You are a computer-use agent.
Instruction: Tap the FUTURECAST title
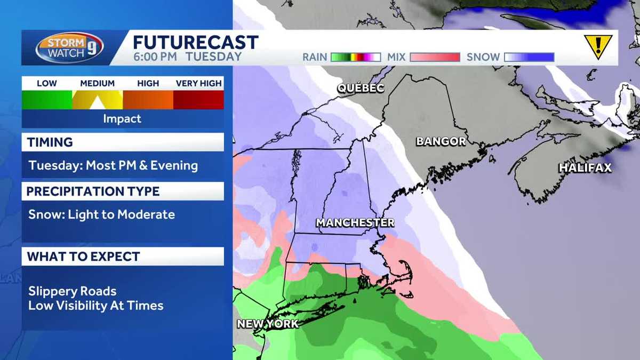point(195,43)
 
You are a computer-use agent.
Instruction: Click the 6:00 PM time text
point(155,57)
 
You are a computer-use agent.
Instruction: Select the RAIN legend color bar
point(355,57)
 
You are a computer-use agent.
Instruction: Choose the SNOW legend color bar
point(529,57)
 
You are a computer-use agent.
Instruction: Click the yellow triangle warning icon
point(597,46)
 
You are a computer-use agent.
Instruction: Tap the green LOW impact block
point(47,99)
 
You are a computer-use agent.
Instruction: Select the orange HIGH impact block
point(148,99)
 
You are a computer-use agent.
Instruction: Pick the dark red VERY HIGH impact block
point(198,99)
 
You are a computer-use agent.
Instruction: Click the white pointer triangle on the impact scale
point(98,103)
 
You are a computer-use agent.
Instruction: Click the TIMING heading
point(50,142)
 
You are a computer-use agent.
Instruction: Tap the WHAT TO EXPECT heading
point(83,257)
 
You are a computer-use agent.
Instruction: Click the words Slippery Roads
point(72,291)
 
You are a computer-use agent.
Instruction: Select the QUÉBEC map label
point(361,88)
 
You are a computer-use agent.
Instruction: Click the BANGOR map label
point(441,141)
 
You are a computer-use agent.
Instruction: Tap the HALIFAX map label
point(585,168)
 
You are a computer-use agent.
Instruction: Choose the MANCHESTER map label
point(355,222)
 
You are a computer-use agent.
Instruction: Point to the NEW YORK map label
point(268,324)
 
